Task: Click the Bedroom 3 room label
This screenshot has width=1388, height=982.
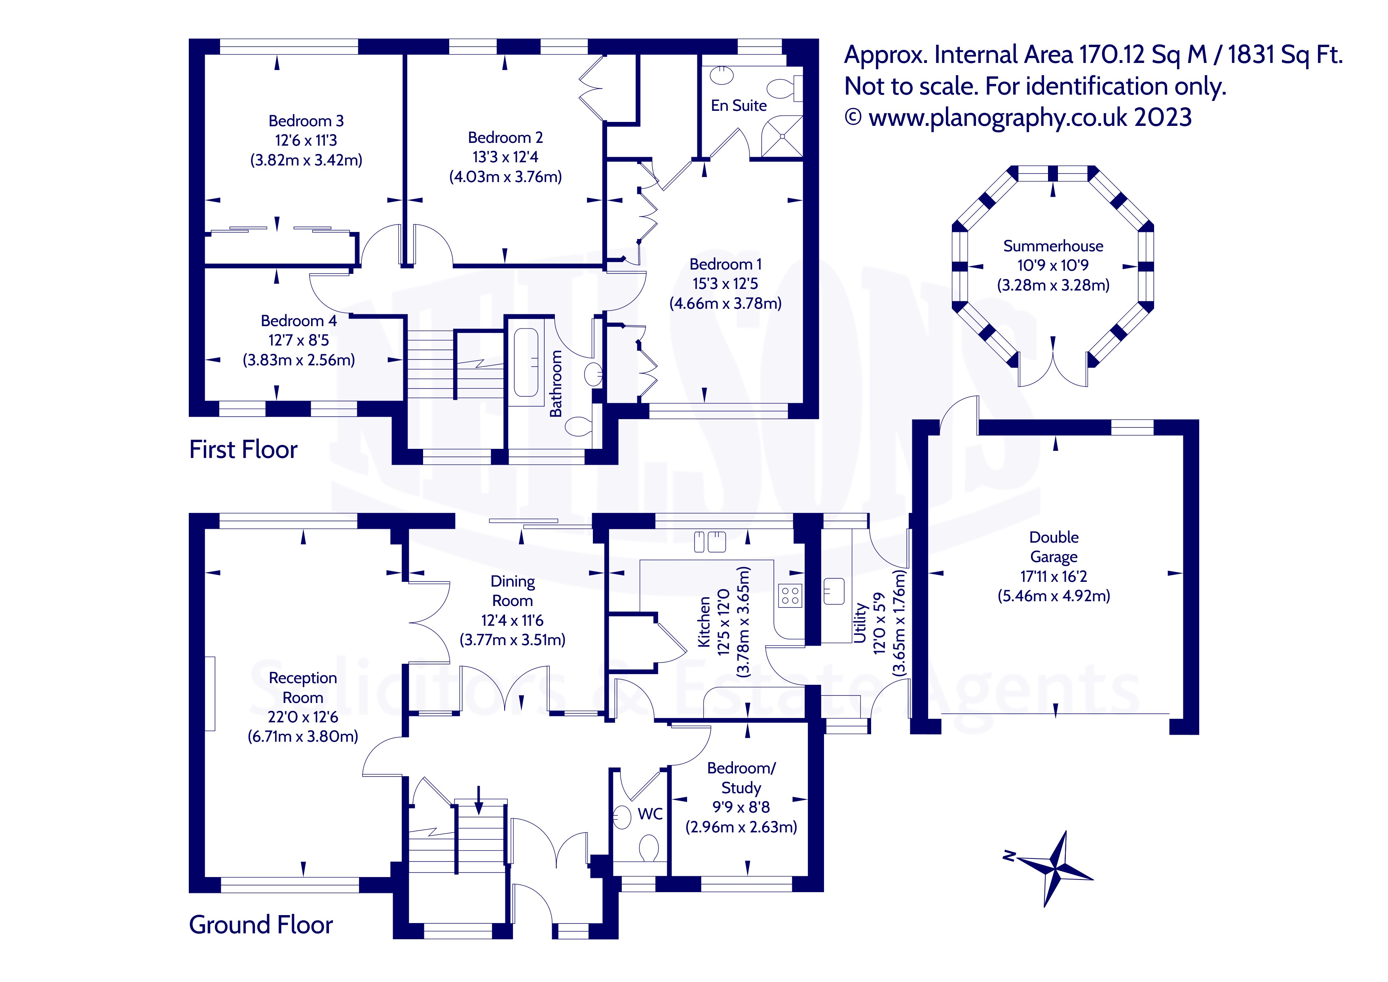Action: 306,121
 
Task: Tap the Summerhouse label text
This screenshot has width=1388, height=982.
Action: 1053,246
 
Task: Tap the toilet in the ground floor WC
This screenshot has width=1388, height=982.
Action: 649,848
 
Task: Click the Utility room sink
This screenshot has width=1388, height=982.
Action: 834,591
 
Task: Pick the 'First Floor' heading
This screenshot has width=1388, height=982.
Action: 243,450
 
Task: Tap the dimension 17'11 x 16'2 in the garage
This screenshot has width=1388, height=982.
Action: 1054,576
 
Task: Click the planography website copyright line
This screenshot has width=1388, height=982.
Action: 1018,117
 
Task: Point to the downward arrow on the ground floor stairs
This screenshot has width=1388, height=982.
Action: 479,800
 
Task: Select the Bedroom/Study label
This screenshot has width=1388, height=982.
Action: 741,778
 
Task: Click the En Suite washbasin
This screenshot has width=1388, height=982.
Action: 721,76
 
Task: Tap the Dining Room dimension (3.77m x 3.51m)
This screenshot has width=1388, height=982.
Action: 513,640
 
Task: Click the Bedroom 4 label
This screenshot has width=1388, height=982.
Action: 299,321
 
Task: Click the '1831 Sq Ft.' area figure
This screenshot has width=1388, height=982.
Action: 1285,55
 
